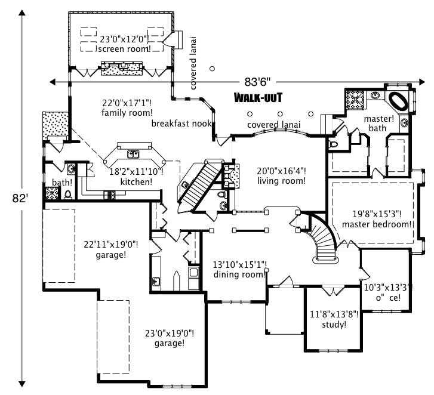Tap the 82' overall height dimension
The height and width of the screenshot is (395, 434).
pos(23,198)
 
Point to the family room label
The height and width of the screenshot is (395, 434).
pos(127,107)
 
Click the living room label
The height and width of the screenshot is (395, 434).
pos(281,176)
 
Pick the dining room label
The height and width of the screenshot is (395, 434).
pos(240,270)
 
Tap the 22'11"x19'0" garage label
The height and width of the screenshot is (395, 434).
pos(111,249)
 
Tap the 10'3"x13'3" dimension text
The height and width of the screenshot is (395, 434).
pos(388,286)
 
